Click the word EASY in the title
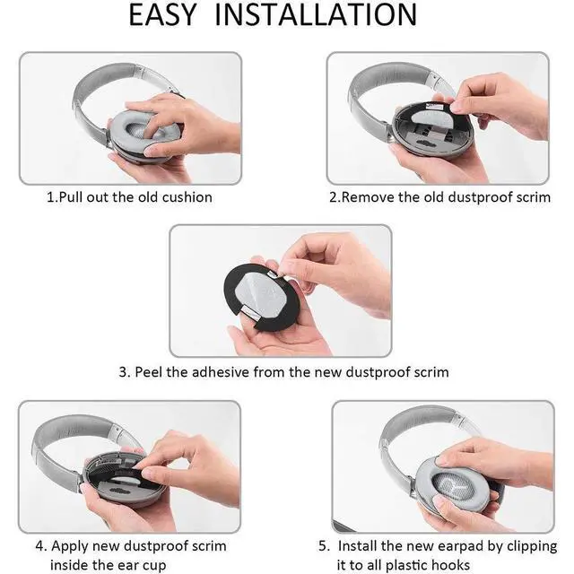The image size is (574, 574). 162,14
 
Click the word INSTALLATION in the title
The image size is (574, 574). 316,14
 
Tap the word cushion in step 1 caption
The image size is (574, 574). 187,197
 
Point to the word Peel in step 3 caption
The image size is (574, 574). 149,372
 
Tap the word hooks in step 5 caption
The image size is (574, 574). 450,565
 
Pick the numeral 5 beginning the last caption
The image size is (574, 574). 324,546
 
